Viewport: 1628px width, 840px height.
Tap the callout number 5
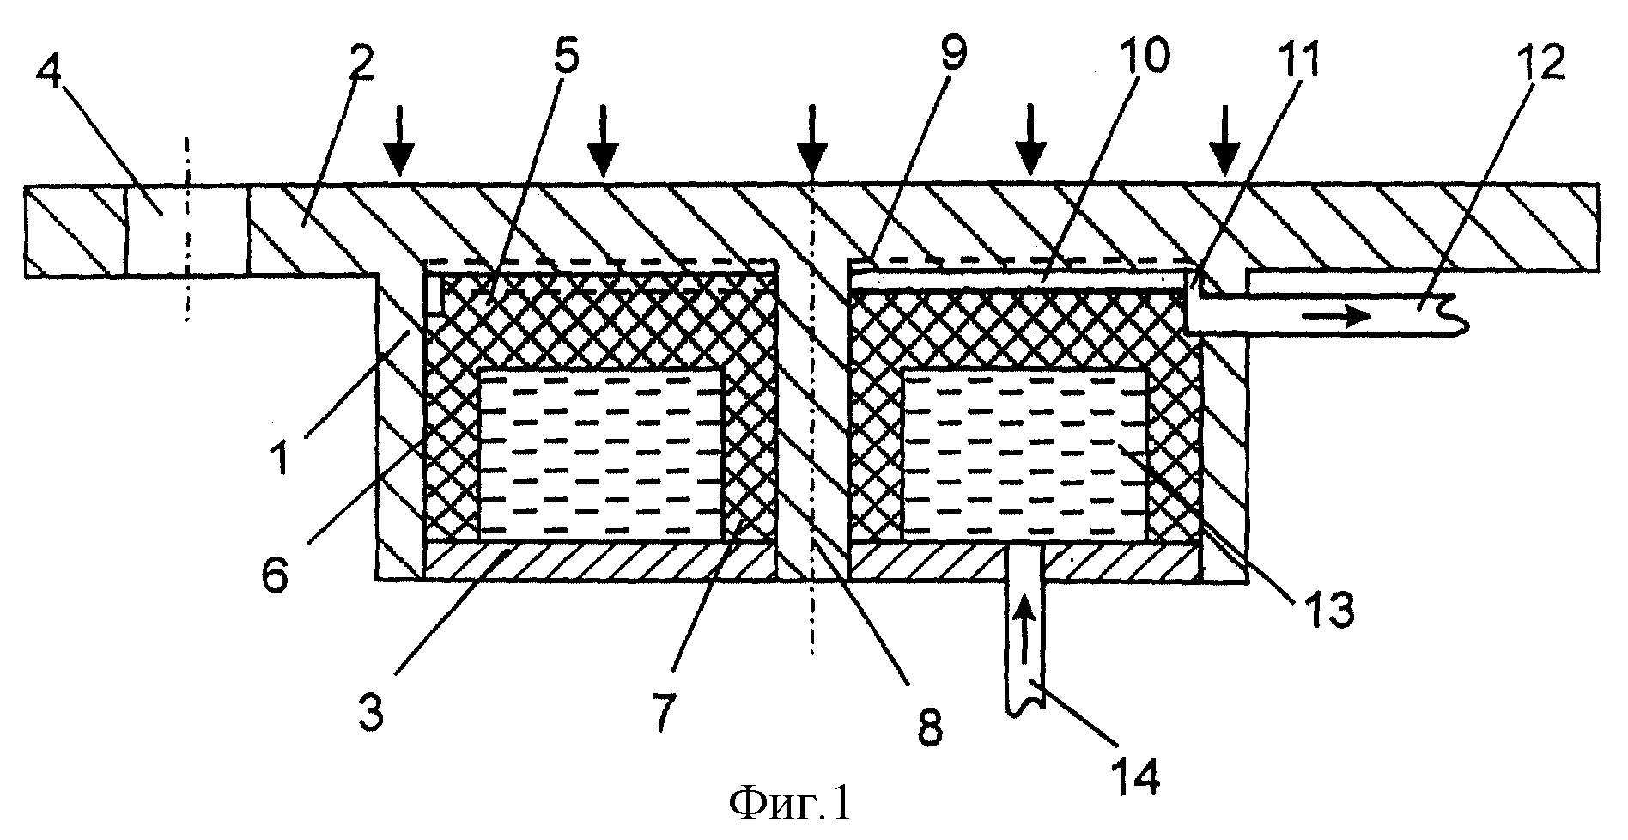point(564,57)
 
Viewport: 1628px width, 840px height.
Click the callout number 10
point(1147,58)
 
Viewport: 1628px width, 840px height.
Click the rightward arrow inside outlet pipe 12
point(1337,316)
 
